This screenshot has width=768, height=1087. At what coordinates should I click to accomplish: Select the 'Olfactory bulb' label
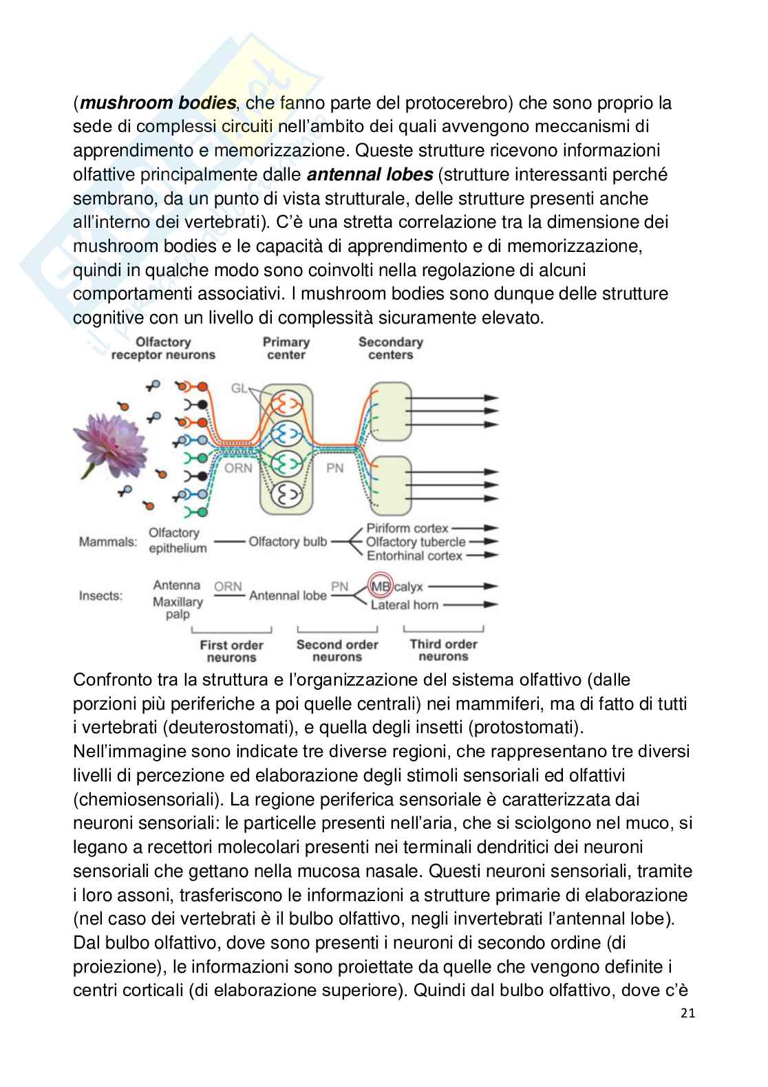pyautogui.click(x=288, y=542)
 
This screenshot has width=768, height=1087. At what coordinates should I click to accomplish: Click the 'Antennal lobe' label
pyautogui.click(x=288, y=595)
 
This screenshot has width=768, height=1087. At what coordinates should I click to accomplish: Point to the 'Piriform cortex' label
pyautogui.click(x=407, y=528)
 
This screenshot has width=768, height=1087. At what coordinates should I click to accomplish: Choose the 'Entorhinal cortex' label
pyautogui.click(x=414, y=556)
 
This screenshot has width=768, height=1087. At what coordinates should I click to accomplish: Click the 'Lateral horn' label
pyautogui.click(x=404, y=605)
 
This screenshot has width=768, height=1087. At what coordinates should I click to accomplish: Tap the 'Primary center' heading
pyautogui.click(x=286, y=348)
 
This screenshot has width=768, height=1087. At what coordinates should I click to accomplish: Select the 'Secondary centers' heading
pyautogui.click(x=390, y=348)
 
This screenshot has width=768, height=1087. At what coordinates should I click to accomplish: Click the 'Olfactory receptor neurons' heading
pyautogui.click(x=163, y=348)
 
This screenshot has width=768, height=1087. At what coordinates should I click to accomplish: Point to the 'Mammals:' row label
pyautogui.click(x=108, y=542)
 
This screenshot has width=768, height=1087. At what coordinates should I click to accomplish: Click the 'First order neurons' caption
pyautogui.click(x=231, y=651)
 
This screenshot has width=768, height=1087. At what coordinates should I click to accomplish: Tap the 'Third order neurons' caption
pyautogui.click(x=443, y=651)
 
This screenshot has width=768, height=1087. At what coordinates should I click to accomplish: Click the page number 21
pyautogui.click(x=687, y=1013)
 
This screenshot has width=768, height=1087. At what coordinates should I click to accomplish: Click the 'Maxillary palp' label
pyautogui.click(x=178, y=608)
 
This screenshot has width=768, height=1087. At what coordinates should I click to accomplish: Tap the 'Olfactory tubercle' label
pyautogui.click(x=416, y=542)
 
